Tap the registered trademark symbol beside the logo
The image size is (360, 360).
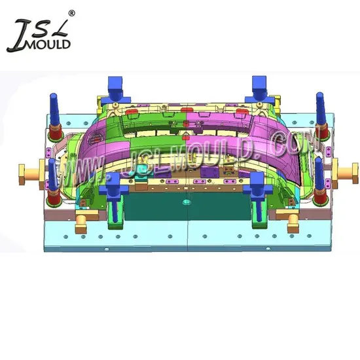point(71,13)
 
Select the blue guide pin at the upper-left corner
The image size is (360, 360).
point(54,109)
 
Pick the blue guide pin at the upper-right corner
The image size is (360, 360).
point(320,108)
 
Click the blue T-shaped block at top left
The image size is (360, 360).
point(116,90)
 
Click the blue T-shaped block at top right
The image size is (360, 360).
point(259,90)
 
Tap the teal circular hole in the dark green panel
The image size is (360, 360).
point(187,202)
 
